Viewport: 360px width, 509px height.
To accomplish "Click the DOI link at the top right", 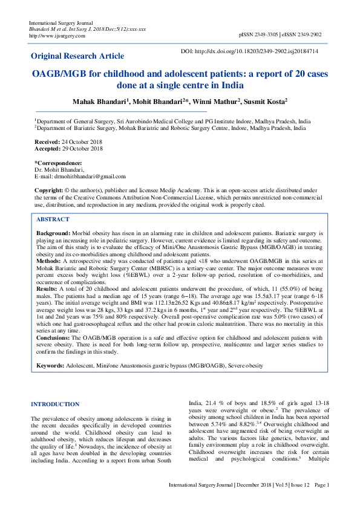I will [258, 51].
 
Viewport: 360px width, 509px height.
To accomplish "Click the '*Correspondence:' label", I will [58, 163].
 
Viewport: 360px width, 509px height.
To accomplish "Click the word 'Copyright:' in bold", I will [50, 190].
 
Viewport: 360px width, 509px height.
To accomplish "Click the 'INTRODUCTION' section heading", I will [54, 404].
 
